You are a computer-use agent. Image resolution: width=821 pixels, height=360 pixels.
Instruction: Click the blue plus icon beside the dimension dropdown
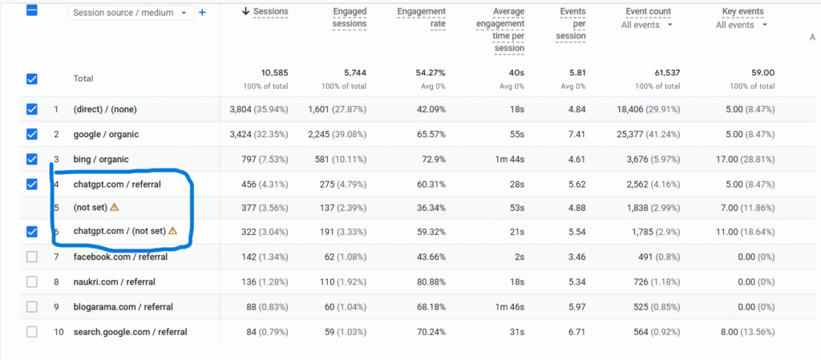[x=202, y=13]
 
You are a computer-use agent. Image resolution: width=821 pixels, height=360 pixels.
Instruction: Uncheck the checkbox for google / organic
[x=32, y=134]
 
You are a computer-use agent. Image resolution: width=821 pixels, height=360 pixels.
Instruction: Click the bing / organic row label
[x=100, y=160]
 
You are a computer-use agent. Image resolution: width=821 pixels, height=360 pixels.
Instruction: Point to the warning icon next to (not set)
[x=114, y=207]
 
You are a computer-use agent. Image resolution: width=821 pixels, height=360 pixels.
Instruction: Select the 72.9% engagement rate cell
[x=431, y=160]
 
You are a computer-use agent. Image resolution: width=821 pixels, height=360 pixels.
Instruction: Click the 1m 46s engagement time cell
[x=508, y=306]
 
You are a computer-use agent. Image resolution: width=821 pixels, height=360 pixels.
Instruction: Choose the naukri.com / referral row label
[x=114, y=281]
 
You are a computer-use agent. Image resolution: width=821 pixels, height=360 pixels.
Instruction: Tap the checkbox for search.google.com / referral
[x=32, y=331]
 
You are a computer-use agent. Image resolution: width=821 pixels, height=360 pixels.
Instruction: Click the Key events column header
[x=742, y=12]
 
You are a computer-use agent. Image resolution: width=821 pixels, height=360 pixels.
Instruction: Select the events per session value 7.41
[x=575, y=134]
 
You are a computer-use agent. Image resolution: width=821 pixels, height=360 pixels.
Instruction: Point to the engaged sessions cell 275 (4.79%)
[x=337, y=184]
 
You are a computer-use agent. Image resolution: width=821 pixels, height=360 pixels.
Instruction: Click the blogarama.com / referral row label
[x=123, y=306]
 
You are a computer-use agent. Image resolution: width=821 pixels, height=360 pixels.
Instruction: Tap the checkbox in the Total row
[x=32, y=79]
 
